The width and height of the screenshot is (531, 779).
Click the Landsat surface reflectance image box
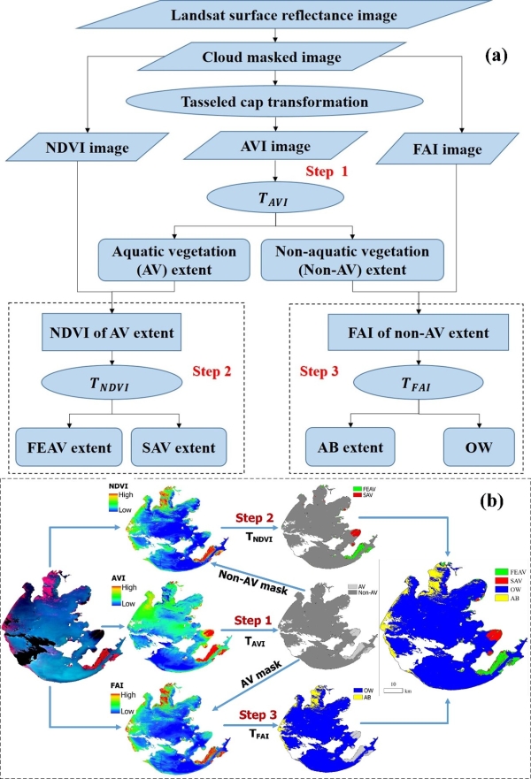277,16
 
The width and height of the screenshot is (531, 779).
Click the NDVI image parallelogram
91,149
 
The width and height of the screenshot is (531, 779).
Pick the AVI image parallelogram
279,149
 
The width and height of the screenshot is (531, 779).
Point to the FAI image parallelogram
452,149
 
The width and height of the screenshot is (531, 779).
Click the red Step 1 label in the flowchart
327,172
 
